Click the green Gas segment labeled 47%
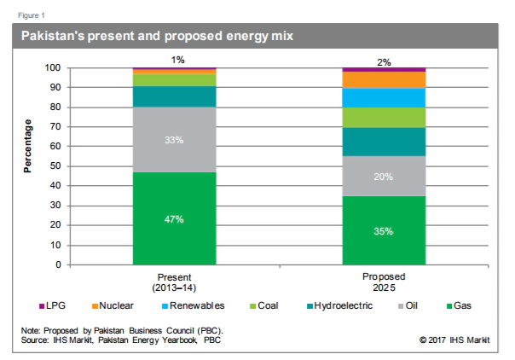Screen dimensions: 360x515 point(174,218)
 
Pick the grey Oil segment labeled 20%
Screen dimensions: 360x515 point(384,176)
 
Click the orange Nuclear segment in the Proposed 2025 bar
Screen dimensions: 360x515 point(384,79)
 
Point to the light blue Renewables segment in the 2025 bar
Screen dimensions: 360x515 point(384,97)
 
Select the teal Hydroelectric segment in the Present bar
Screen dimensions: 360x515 point(174,96)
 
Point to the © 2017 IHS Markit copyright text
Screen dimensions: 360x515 point(454,340)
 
